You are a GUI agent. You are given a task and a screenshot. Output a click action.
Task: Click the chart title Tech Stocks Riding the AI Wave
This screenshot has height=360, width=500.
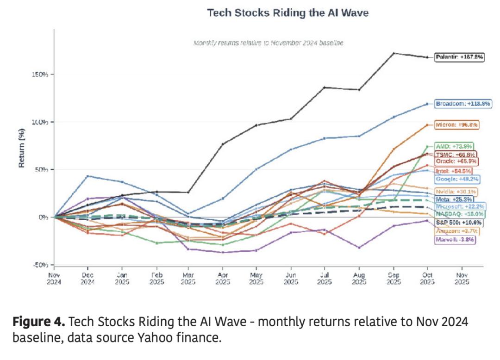point(287,12)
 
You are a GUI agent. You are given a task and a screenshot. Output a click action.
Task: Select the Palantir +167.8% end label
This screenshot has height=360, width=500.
point(459,57)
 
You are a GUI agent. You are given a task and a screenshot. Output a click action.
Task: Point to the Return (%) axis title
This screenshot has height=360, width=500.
point(21,147)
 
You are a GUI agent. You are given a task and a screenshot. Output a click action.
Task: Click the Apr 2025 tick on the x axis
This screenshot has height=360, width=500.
point(222,279)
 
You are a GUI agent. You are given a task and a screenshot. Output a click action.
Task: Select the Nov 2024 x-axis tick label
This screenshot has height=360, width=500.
point(55,279)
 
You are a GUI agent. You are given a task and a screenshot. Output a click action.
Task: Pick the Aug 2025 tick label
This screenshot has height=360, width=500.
point(358,279)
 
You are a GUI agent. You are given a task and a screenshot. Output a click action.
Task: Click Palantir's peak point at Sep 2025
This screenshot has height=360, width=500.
point(394,53)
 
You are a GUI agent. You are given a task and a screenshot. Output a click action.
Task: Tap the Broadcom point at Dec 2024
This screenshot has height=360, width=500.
point(88,176)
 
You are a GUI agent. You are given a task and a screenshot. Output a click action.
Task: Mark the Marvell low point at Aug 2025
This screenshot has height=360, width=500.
point(359,248)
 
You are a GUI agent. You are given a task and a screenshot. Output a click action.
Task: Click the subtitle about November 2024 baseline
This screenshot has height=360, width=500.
point(268,43)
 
